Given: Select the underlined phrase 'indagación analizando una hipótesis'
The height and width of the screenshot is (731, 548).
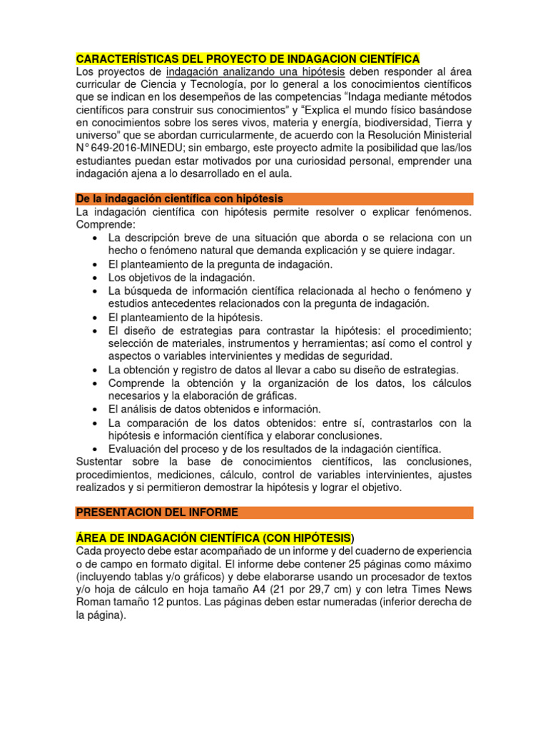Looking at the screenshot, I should coord(255,72).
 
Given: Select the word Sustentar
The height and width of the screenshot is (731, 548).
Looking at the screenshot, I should coord(100,462).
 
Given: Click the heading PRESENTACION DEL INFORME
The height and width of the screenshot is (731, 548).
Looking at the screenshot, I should coord(157,513).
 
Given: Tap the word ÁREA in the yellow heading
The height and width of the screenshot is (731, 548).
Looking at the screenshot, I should coord(91,538).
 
